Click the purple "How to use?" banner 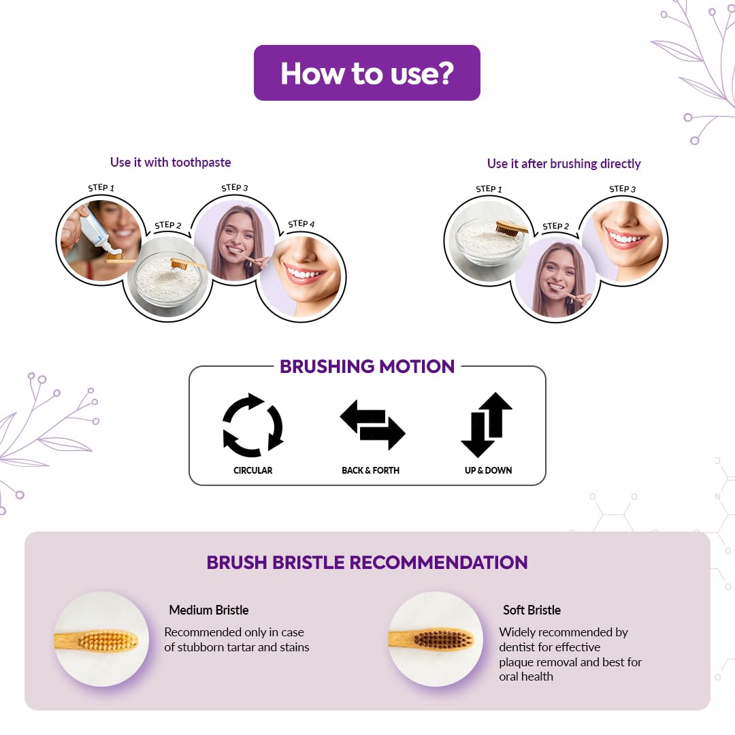tap(367, 73)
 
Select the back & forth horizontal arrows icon tap(372, 425)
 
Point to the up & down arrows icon tap(487, 424)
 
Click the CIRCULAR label tap(252, 470)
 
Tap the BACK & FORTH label tap(370, 470)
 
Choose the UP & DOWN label tap(488, 470)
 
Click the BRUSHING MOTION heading tap(367, 367)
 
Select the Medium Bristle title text tap(209, 610)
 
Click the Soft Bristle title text tap(532, 610)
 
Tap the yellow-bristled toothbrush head tap(108, 640)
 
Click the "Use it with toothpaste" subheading tap(171, 162)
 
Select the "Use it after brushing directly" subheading tap(564, 163)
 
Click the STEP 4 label tap(301, 224)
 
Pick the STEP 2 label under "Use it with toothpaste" tap(168, 225)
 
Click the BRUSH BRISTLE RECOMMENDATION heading tap(367, 562)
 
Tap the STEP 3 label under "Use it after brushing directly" tap(623, 189)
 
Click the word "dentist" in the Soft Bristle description tap(517, 647)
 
